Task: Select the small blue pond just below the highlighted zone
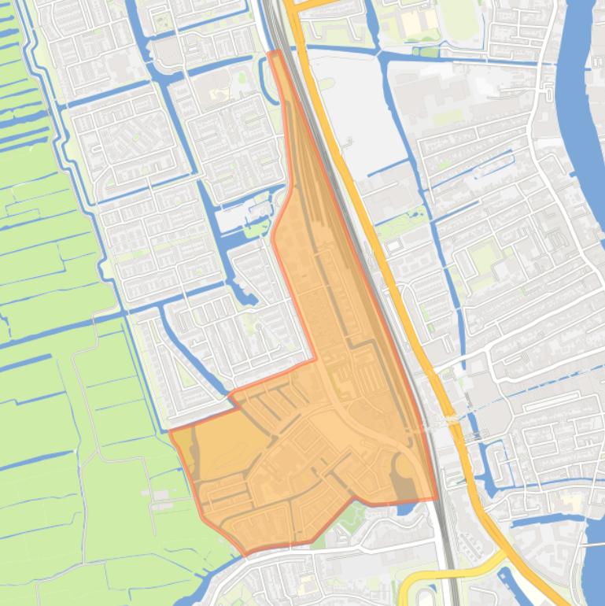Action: [x=403, y=510]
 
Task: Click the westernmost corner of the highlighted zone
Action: [x=171, y=431]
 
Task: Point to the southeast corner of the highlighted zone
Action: [x=437, y=498]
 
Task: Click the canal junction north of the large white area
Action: [x=383, y=57]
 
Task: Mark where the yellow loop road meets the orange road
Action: [x=504, y=556]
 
